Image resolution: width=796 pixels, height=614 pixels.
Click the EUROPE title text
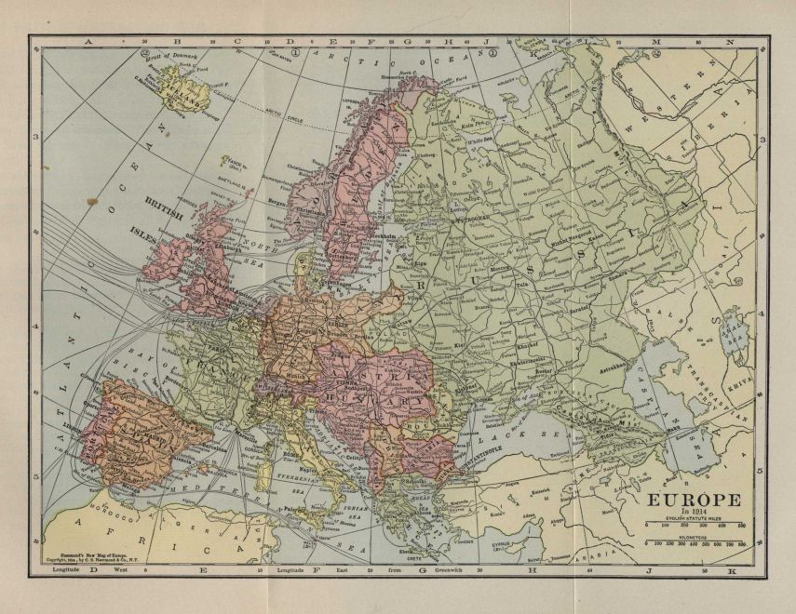690,499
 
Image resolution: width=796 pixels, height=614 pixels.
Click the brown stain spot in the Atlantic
90,197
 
